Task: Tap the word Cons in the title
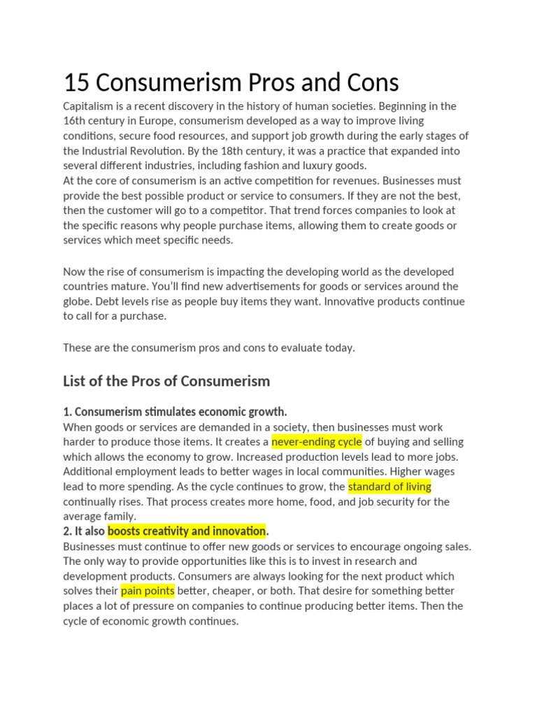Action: pyautogui.click(x=371, y=83)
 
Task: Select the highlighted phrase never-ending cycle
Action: pyautogui.click(x=316, y=442)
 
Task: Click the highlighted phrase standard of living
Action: pyautogui.click(x=389, y=487)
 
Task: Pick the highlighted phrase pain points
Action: pyautogui.click(x=147, y=591)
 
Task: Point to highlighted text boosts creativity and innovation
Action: pyautogui.click(x=187, y=531)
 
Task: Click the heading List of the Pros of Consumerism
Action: pyautogui.click(x=166, y=381)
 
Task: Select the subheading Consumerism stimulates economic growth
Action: pyautogui.click(x=180, y=411)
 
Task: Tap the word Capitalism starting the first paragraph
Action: pyautogui.click(x=89, y=106)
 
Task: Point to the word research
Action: pyautogui.click(x=373, y=561)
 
